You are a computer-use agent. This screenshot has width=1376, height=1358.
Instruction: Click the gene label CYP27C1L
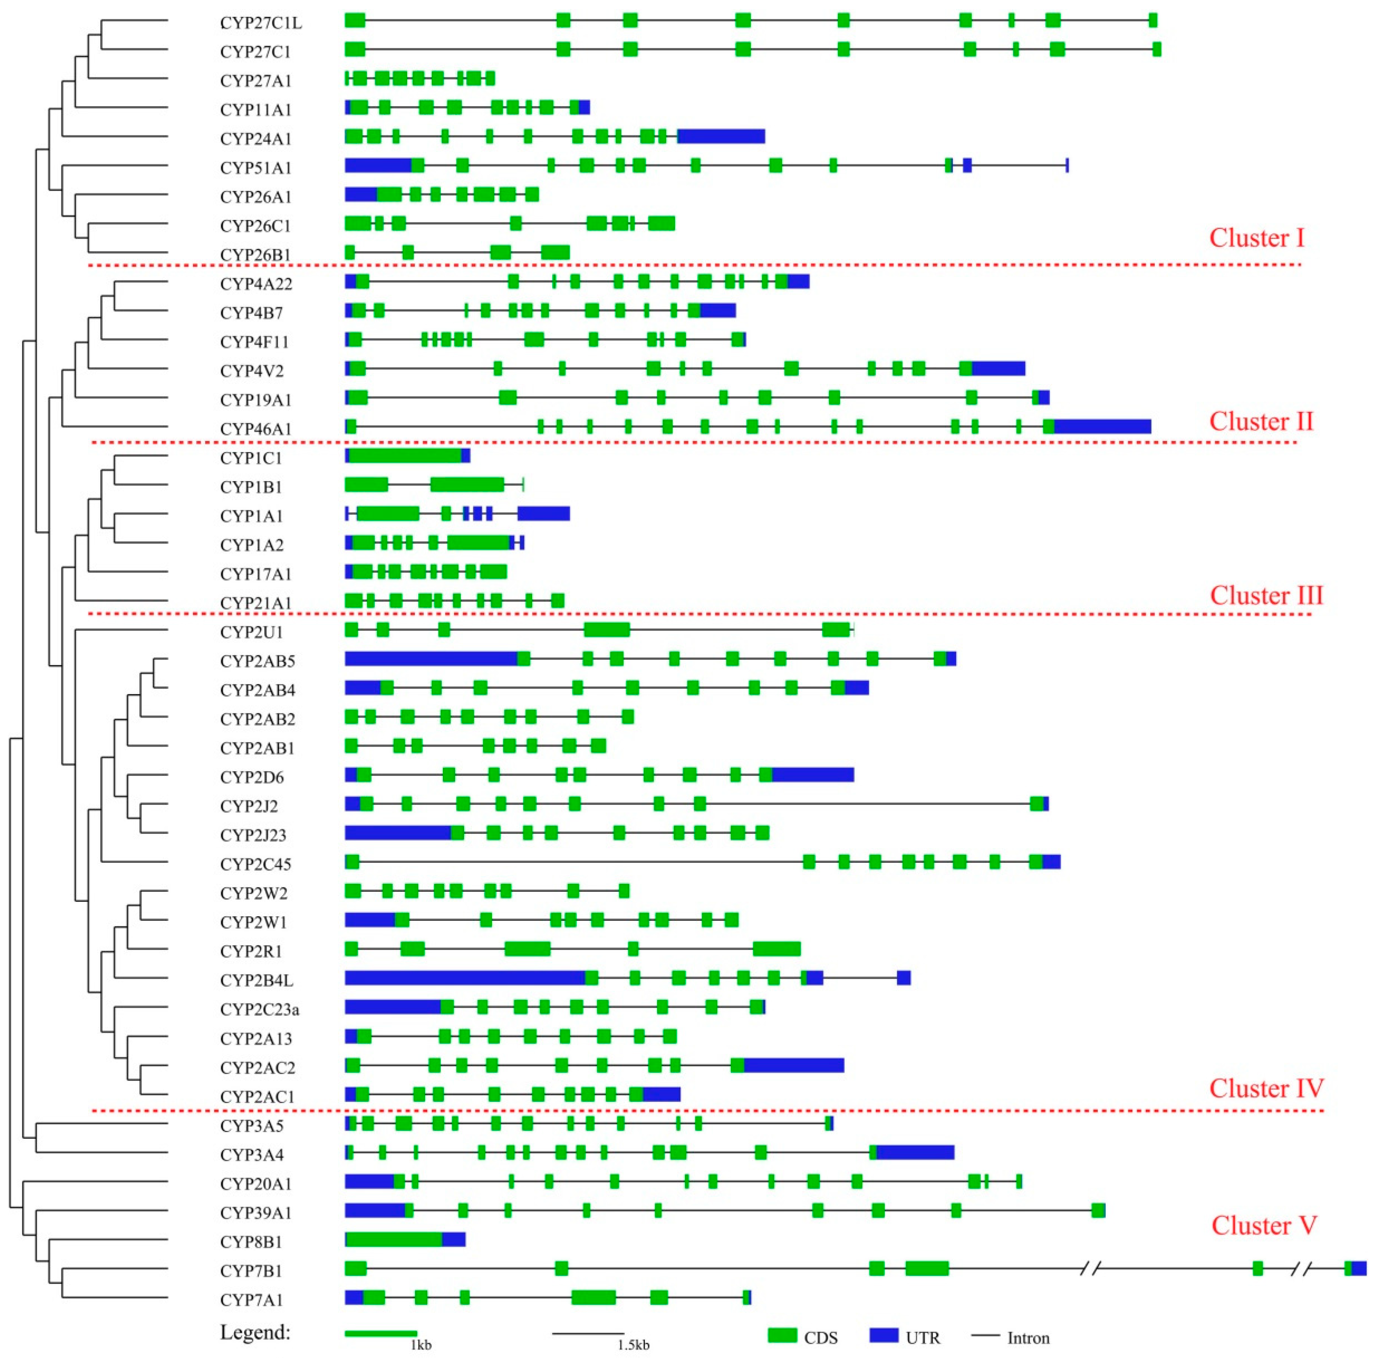[261, 23]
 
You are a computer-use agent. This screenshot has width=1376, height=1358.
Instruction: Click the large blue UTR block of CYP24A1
[721, 136]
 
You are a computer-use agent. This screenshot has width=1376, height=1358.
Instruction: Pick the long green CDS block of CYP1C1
[405, 455]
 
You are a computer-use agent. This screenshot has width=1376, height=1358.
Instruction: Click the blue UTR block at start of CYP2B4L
[465, 978]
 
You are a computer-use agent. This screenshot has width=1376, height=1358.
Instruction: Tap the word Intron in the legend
[1028, 1338]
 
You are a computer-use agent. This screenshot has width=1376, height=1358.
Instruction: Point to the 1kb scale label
[420, 1345]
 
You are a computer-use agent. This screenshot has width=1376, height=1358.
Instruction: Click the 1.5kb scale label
[632, 1345]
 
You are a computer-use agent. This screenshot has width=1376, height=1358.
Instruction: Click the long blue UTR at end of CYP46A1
[1102, 426]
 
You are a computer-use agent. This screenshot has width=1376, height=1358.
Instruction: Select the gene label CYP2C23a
[259, 1009]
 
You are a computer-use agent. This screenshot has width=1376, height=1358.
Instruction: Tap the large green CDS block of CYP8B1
[394, 1239]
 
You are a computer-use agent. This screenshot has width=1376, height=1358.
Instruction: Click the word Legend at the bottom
[255, 1332]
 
